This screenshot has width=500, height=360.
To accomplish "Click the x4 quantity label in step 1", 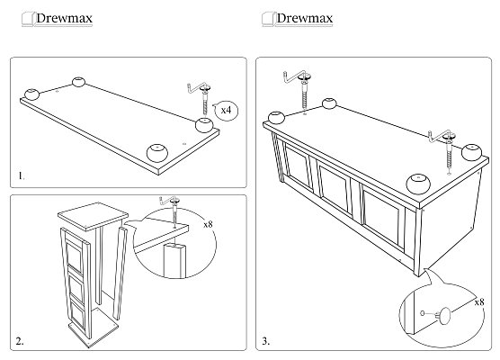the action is tap(226, 110).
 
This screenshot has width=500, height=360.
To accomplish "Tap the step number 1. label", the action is tap(21, 175).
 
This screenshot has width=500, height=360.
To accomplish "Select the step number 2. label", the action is tap(20, 341).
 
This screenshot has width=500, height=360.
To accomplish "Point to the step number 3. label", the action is tap(265, 341).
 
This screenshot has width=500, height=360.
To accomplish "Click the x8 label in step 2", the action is tap(208, 224).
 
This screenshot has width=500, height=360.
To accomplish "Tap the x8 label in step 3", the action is tap(479, 301).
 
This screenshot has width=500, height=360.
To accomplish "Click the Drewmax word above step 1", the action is tap(64, 18).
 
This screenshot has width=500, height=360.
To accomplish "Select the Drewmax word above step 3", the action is tap(305, 18).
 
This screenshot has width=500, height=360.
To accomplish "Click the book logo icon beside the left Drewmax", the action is tap(27, 19).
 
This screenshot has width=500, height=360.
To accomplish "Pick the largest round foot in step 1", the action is tap(157, 153).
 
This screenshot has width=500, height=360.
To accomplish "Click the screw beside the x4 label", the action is tap(205, 100).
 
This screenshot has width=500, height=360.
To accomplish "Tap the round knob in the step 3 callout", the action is tap(445, 316).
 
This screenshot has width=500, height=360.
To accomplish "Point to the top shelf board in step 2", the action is tap(93, 216).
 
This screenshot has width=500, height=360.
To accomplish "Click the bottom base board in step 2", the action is tap(94, 329).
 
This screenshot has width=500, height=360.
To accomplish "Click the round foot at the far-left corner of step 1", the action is tap(31, 94).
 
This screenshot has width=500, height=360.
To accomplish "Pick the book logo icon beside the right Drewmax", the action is tap(268, 19).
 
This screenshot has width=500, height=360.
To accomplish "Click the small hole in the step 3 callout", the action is tap(423, 313).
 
